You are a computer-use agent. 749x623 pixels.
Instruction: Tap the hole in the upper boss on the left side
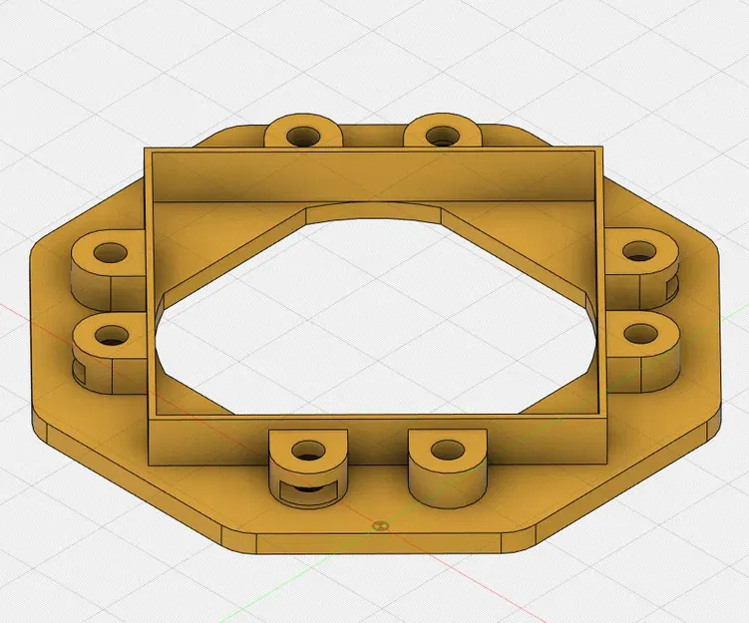108,252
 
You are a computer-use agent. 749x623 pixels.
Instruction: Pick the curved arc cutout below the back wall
374,211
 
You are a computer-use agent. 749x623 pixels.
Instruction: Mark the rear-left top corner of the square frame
146,151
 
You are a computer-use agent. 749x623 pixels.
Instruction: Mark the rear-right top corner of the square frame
604,148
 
